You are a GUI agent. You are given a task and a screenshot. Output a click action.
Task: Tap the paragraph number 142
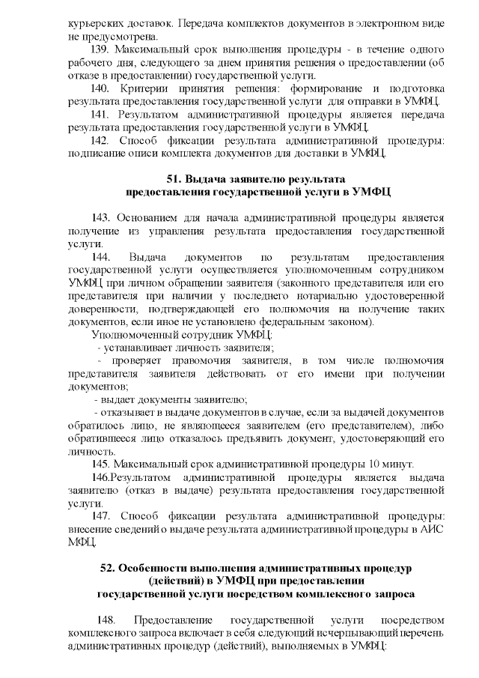pyautogui.click(x=101, y=140)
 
